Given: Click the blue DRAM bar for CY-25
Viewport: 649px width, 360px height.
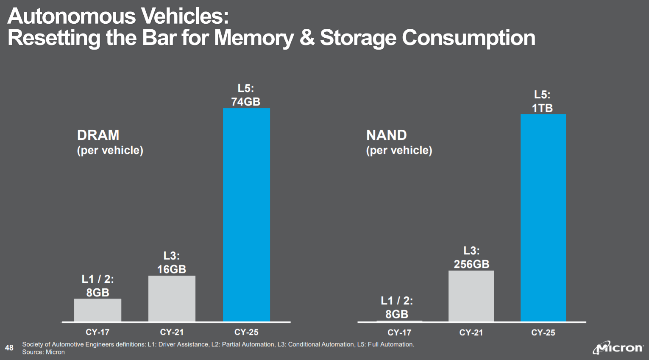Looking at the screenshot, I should (246, 215).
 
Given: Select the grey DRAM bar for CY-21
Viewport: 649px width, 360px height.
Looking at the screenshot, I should (172, 299).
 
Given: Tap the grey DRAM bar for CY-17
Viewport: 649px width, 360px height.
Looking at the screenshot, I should (97, 310).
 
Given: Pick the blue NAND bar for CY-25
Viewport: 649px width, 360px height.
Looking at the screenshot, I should (543, 218).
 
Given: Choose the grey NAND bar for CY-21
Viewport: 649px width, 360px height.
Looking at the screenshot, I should (471, 296).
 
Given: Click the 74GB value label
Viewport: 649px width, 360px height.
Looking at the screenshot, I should (245, 102).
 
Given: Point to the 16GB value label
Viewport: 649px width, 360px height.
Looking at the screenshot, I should (172, 269).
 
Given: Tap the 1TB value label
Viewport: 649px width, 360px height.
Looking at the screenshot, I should (542, 108).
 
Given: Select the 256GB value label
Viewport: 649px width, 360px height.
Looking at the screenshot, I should (471, 264).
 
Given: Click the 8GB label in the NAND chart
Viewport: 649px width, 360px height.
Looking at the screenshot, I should (396, 314).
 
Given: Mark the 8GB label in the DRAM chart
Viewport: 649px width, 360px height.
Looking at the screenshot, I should (97, 293).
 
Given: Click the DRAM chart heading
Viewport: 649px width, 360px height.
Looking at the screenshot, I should (98, 135).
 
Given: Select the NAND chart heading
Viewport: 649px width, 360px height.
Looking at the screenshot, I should (386, 135).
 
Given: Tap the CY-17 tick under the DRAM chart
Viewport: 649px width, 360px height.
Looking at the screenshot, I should (97, 332).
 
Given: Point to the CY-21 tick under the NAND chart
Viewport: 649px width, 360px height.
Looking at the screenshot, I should (471, 332).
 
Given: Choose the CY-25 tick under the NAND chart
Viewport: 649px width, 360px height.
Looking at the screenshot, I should (543, 332).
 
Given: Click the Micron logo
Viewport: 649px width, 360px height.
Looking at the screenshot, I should (618, 348).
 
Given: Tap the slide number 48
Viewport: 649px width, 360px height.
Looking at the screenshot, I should (9, 348).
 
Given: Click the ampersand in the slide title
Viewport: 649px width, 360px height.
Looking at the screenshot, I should (306, 38).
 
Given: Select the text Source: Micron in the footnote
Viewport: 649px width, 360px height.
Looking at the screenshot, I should (43, 352).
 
